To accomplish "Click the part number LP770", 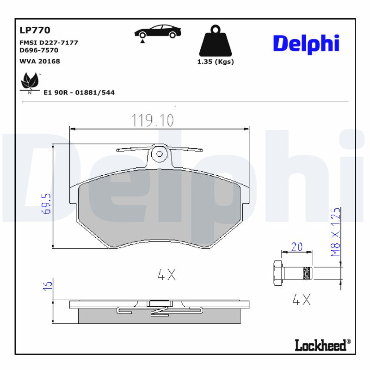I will tap(35, 31).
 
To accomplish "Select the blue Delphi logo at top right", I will tap(306, 43).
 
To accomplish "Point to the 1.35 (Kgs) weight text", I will tap(216, 62).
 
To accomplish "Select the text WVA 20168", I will tap(40, 61).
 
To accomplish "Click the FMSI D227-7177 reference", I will tap(49, 43).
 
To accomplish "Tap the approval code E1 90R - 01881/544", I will tap(79, 92).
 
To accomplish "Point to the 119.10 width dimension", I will tap(153, 121).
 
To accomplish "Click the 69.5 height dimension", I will tap(46, 203).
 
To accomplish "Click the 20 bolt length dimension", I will tap(296, 247).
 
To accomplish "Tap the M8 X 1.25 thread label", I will tap(336, 232).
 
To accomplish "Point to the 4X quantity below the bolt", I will tap(302, 300).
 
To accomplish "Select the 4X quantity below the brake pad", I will tap(166, 276).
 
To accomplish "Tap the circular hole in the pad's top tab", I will tap(160, 154).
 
